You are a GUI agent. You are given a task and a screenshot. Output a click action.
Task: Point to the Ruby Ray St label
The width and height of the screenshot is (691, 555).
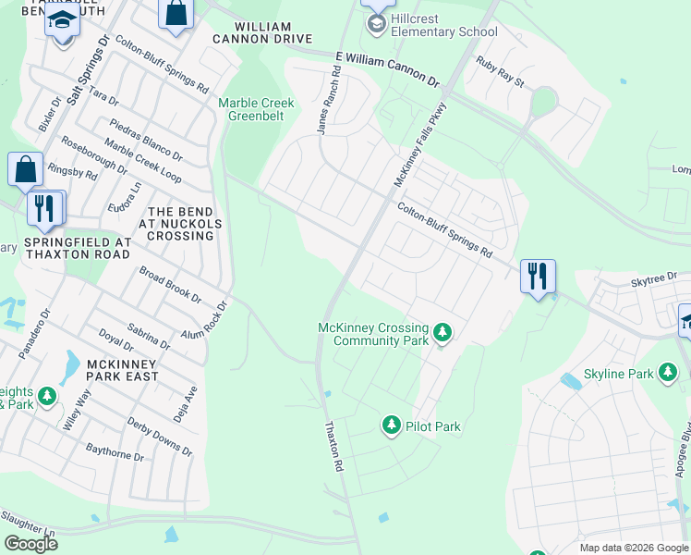click(500, 71)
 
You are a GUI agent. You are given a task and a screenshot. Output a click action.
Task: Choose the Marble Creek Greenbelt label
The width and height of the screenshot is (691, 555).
click(256, 109)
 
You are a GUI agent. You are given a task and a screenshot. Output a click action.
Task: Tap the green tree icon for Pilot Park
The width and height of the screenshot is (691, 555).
click(392, 425)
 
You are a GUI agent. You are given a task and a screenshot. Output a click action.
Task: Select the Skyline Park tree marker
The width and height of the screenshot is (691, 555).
click(668, 373)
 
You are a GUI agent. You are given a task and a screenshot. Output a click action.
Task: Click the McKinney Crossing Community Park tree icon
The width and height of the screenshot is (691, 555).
click(442, 331)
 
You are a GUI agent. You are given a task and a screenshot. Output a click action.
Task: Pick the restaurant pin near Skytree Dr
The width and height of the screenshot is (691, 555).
click(538, 276)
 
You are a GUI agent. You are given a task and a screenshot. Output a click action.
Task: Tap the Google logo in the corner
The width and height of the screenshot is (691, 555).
click(30, 543)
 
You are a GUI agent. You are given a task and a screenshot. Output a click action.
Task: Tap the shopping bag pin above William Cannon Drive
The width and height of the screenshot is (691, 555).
click(176, 14)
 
